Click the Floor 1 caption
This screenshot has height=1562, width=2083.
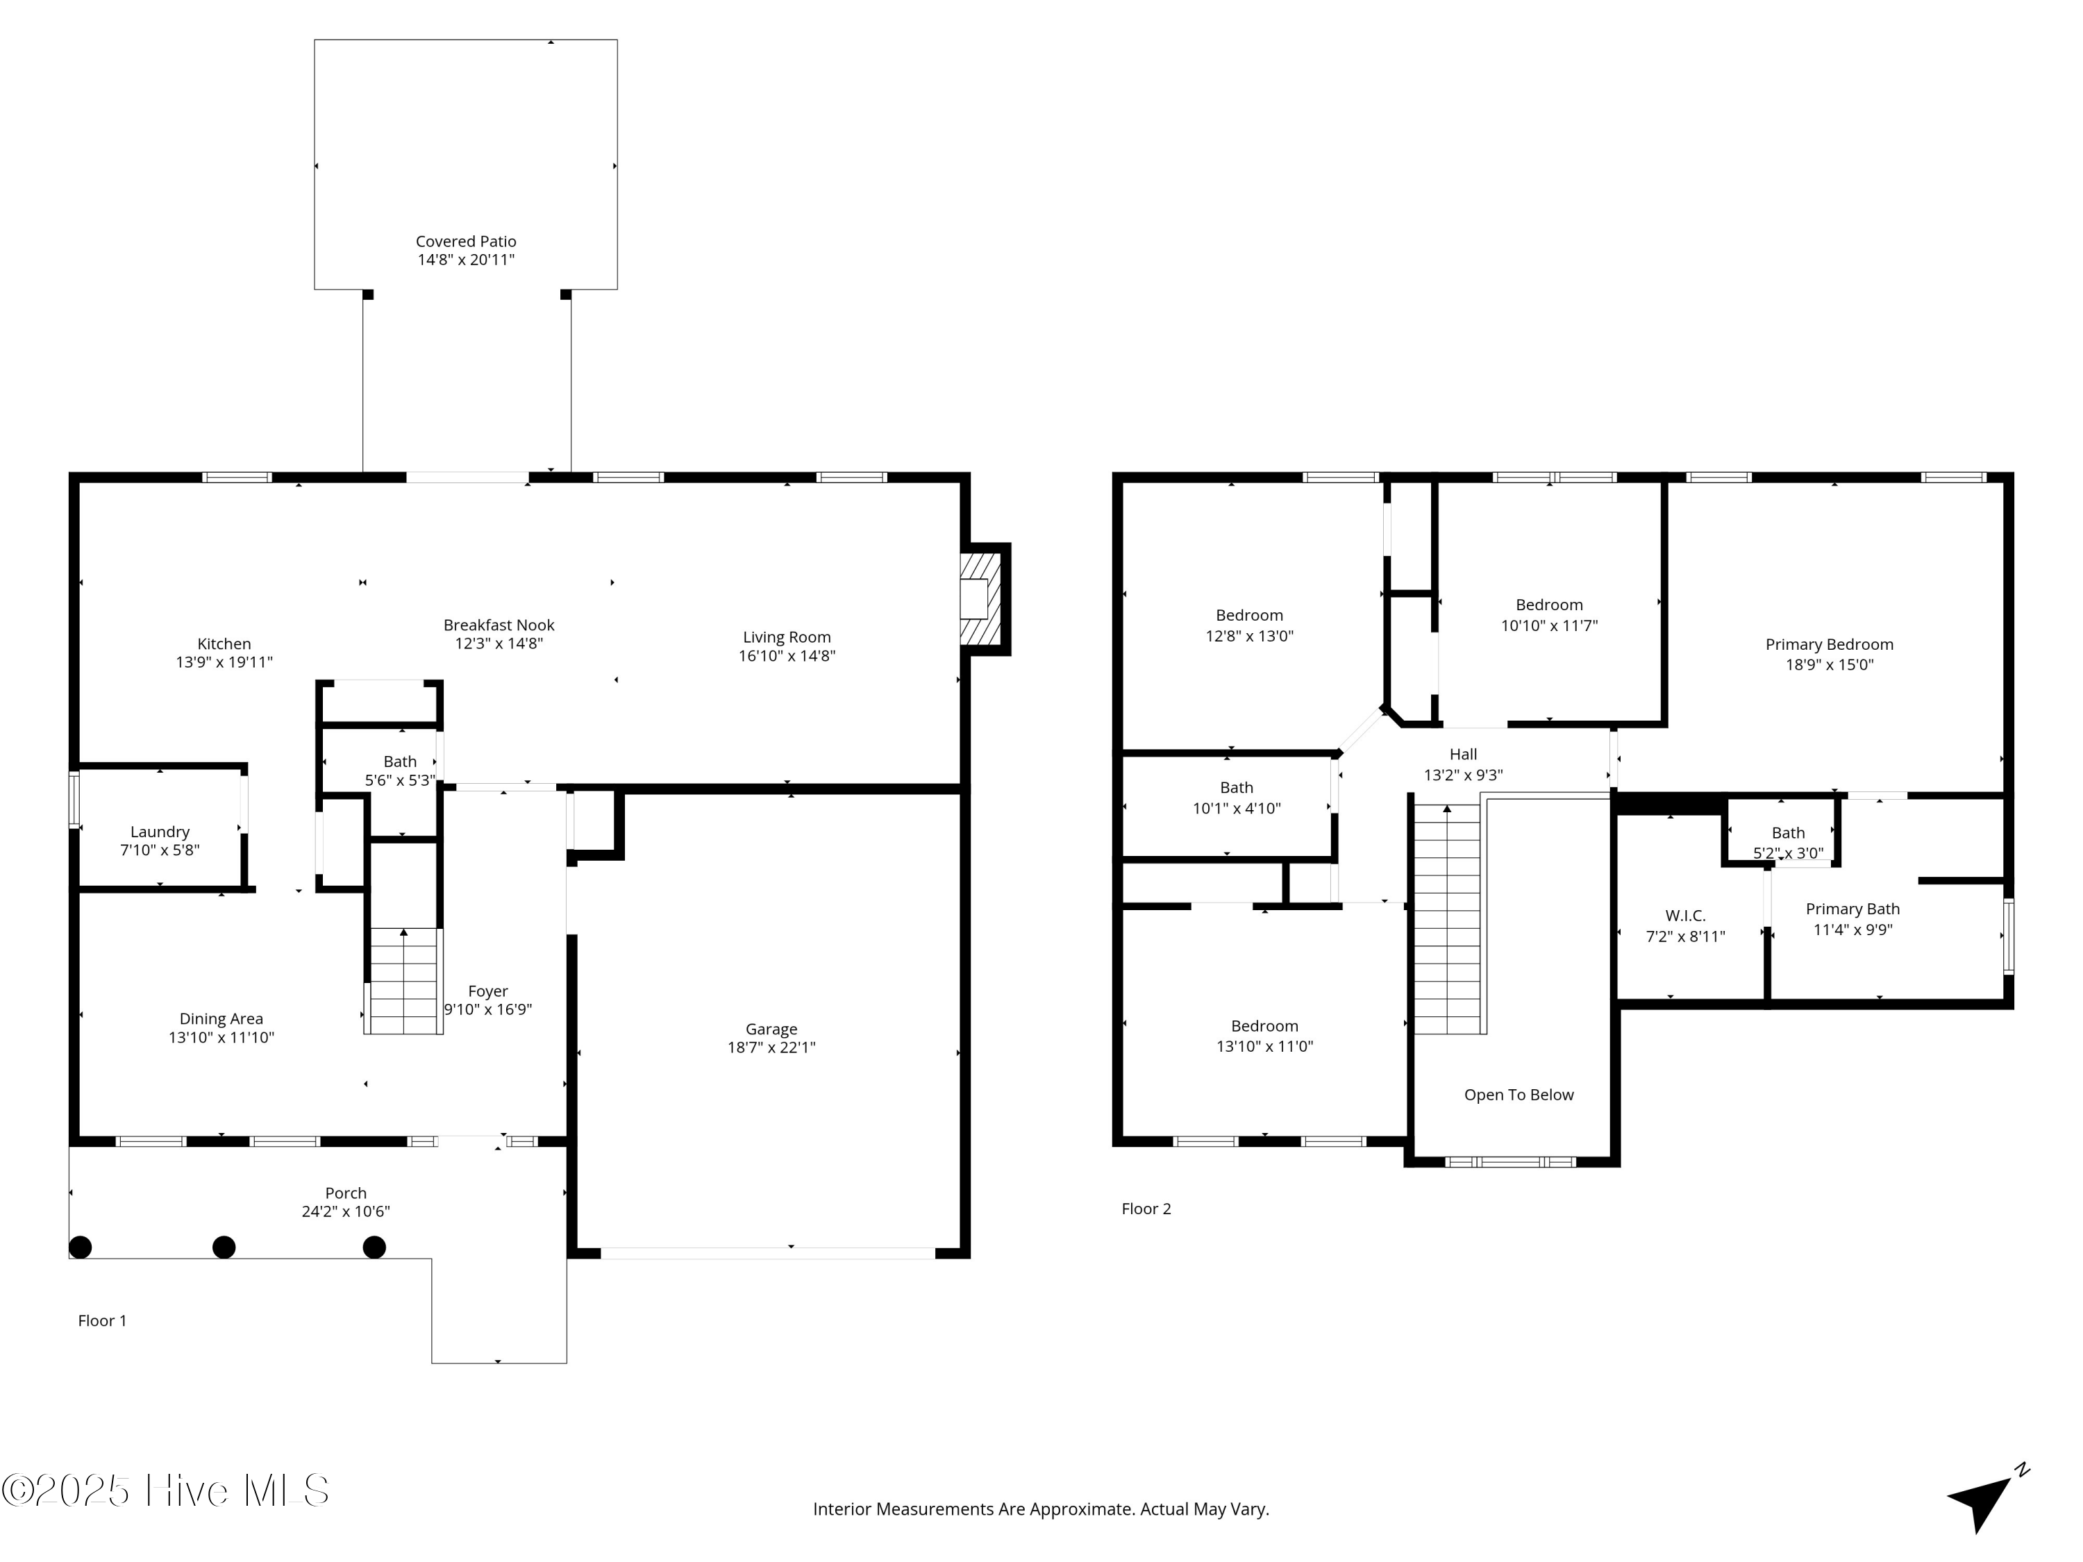[x=101, y=1320]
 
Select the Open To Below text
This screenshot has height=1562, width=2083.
[x=1518, y=1094]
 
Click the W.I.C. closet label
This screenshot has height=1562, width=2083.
[x=1684, y=915]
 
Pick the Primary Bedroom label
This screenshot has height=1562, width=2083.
[x=1829, y=644]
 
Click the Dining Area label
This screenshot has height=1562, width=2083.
[x=221, y=1018]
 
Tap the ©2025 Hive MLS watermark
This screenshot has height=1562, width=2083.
[x=165, y=1490]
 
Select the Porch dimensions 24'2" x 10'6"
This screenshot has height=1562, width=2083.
[x=346, y=1211]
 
